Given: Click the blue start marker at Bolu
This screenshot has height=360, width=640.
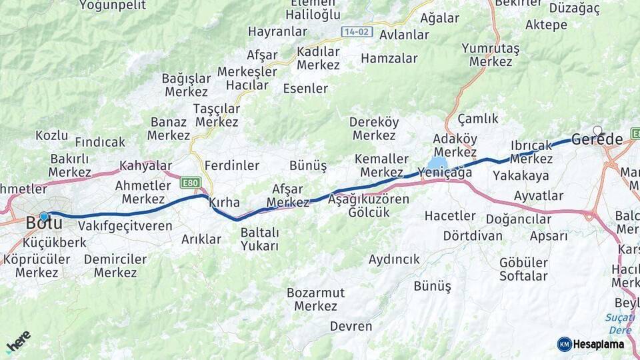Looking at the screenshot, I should point(44,216).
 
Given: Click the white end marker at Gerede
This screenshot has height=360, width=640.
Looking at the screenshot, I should point(597,131).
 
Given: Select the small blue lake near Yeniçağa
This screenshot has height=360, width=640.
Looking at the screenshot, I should point(437,163).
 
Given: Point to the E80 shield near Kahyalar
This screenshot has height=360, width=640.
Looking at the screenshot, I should point(190,181).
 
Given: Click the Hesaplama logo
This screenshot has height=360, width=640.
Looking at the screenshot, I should point(591,344).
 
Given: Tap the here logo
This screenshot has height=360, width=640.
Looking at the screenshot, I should point(18,341).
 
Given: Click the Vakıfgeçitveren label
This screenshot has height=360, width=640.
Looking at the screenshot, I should point(125,225).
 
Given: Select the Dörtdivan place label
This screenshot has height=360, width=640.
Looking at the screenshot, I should point(473,236).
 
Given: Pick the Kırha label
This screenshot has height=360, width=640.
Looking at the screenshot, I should point(224,202).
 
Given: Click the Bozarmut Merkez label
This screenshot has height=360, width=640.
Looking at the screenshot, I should point(316,299).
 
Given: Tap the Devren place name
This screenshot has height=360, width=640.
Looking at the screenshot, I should point(351,326).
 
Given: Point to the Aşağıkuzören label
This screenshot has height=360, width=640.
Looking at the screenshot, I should point(369,199).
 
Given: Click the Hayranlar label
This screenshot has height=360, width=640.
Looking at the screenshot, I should point(277,31).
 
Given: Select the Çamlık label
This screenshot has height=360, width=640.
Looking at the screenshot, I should point(477,119).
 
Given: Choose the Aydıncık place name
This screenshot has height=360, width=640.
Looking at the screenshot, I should point(394,259).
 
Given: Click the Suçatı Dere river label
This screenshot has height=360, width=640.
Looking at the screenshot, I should point(619,324).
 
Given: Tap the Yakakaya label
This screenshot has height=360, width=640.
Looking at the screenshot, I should point(521,176).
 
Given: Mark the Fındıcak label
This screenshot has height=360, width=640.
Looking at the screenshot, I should point(100,142).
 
